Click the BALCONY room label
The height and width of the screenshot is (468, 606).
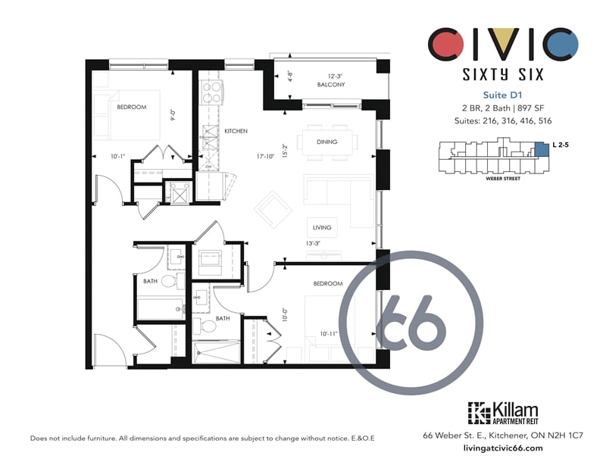331,85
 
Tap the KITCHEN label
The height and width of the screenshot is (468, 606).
236,131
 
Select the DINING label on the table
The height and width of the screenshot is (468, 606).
327,142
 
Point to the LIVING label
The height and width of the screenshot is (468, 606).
322,228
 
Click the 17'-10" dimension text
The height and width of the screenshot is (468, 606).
265,157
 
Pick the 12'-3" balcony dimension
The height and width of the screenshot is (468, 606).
335,76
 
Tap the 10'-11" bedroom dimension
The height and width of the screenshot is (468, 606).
329,333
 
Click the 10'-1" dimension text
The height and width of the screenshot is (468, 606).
118,157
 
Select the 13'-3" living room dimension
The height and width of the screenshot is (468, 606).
313,244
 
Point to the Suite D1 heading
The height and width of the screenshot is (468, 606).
502,95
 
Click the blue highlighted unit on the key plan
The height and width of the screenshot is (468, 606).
542,148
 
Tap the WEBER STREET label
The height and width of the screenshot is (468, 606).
503,179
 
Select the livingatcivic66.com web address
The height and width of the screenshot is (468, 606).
502,448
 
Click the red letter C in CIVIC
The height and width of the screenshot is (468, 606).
445,44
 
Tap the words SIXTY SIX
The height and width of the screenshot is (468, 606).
503,74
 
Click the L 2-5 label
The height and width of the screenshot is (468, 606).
561,145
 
